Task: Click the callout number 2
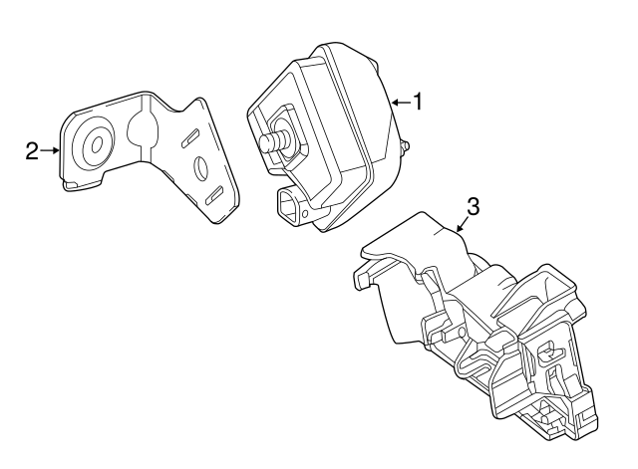(31, 150)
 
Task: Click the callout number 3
(473, 206)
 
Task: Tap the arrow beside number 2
(50, 150)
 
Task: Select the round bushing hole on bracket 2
(95, 145)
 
